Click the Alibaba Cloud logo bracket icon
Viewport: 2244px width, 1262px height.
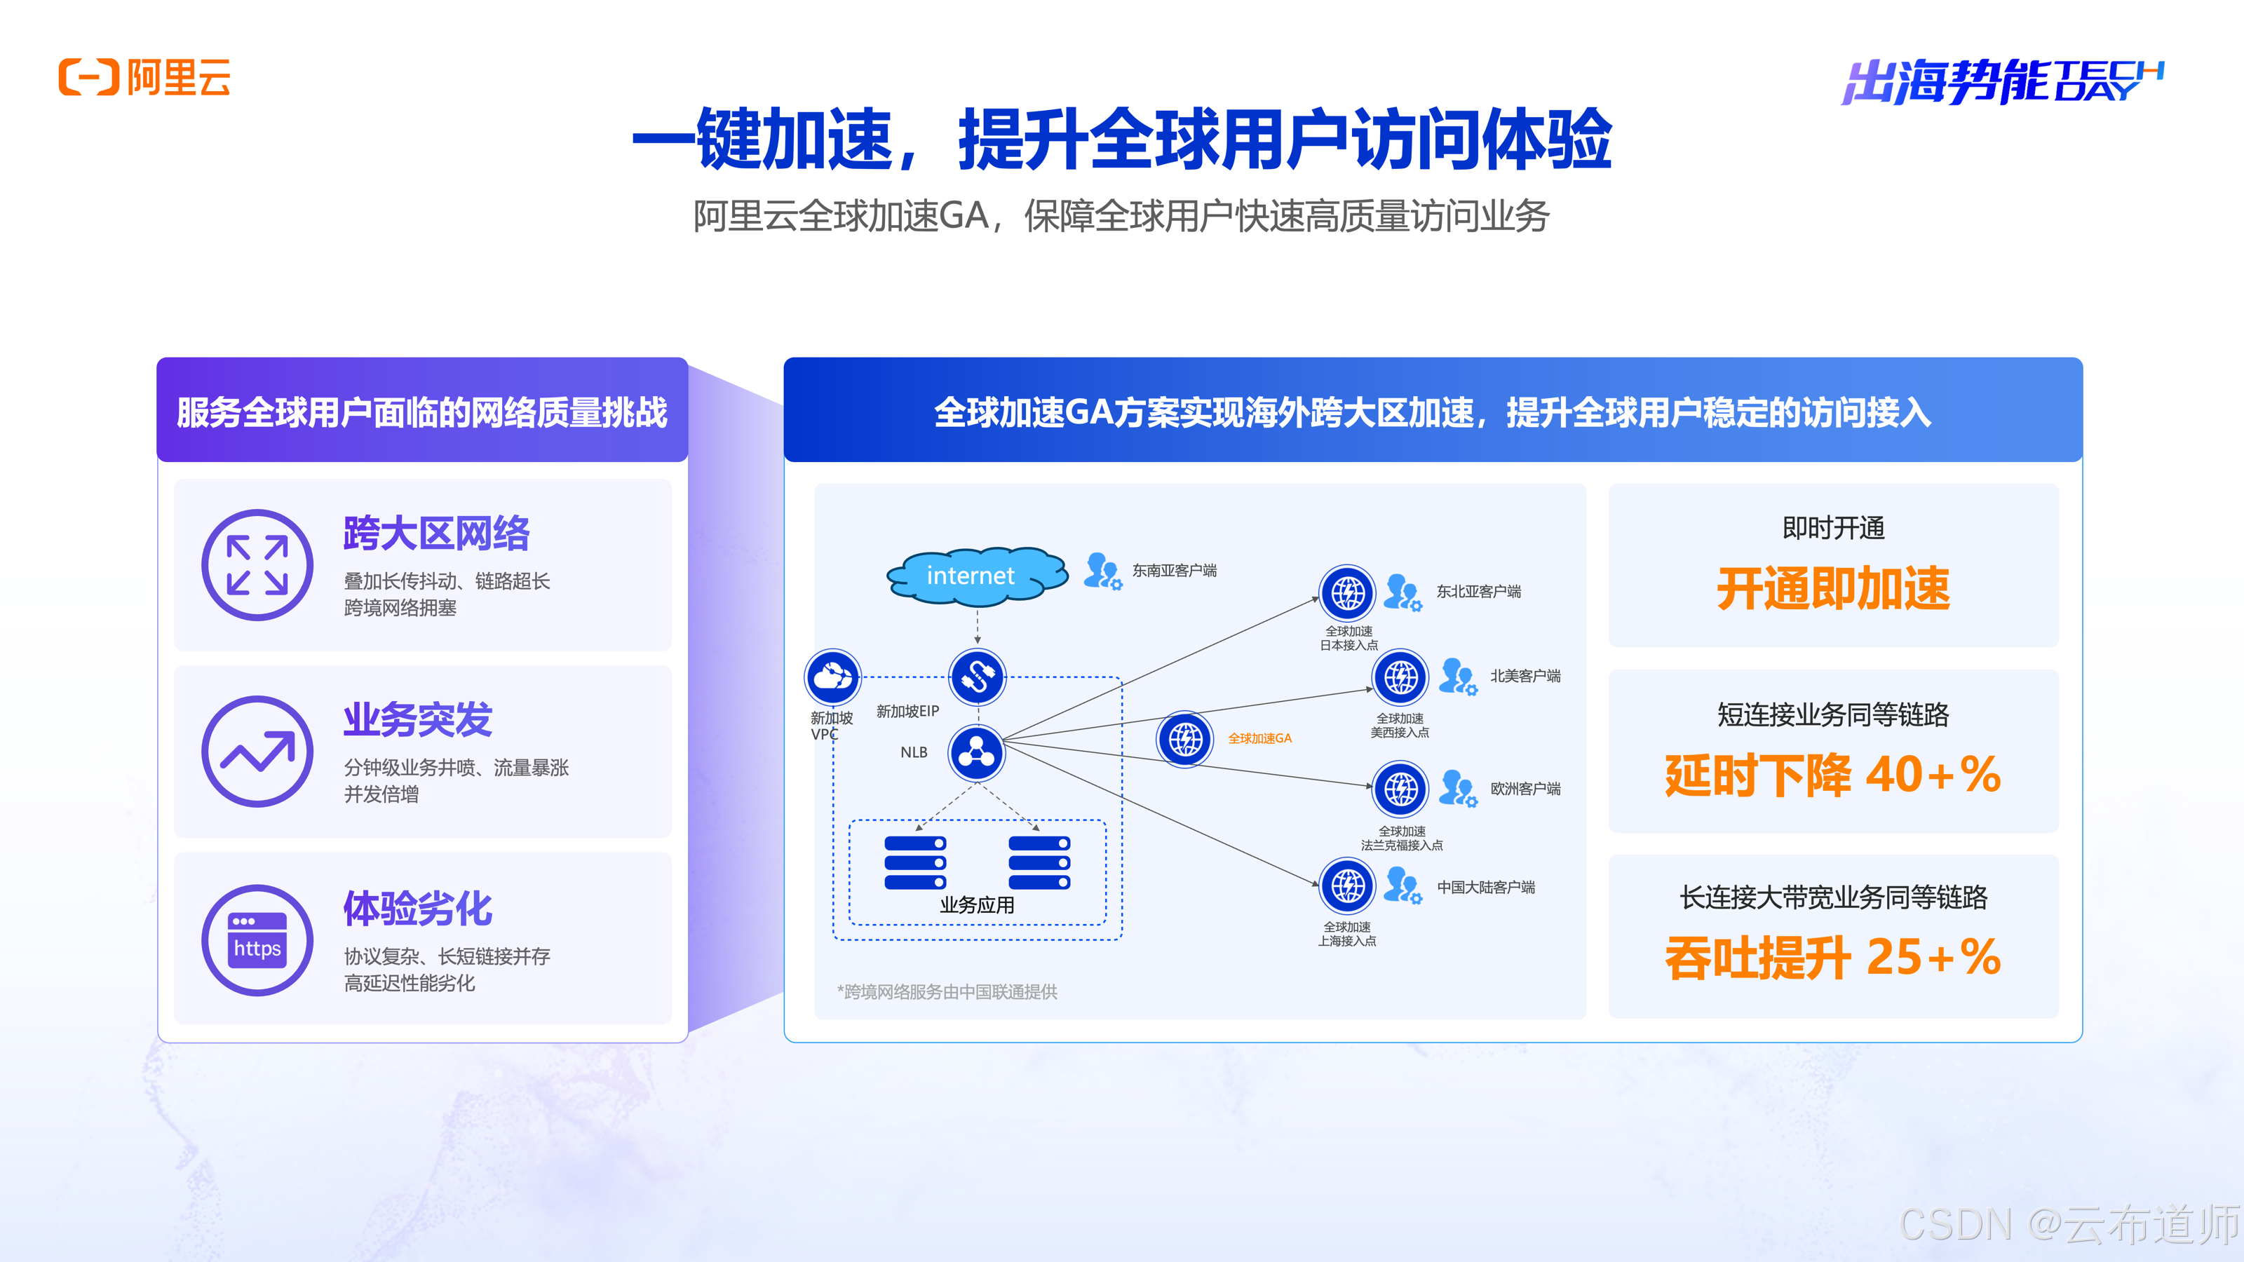[x=88, y=78]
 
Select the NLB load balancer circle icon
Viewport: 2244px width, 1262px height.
[x=977, y=752]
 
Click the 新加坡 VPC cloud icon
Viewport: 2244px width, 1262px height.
[x=833, y=677]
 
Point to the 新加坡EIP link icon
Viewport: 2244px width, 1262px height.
[x=977, y=677]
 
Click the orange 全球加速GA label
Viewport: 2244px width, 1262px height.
[x=1259, y=738]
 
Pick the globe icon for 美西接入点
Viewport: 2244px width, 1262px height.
[x=1400, y=677]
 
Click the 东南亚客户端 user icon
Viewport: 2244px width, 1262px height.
[x=1102, y=571]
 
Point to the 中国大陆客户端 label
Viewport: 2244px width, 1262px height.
[x=1486, y=888]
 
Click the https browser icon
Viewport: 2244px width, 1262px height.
[x=257, y=941]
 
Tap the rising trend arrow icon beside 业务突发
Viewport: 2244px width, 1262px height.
[x=257, y=752]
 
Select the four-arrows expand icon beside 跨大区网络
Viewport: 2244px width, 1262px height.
[x=257, y=565]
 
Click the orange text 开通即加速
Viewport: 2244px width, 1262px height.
[x=1833, y=589]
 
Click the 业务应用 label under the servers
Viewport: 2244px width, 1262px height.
[x=977, y=905]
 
